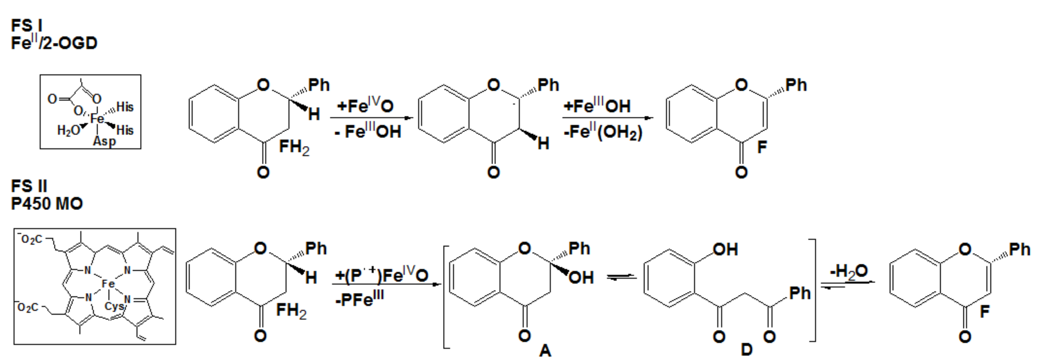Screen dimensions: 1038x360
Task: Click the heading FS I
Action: [x=27, y=26]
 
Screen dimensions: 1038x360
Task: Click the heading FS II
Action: [x=29, y=186]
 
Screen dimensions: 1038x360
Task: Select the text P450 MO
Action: [x=47, y=204]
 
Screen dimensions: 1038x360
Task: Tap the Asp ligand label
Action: [x=104, y=141]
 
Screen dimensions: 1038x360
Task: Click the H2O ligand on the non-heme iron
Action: [x=69, y=130]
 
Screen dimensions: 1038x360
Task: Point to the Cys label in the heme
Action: [x=114, y=306]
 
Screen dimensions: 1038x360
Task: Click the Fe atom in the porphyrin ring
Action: [x=108, y=284]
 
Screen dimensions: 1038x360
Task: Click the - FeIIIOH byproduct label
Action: [x=367, y=131]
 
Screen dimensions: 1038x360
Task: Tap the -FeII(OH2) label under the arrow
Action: [x=603, y=132]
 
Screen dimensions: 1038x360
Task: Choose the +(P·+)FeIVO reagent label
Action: [x=381, y=275]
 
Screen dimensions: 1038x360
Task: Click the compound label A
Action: [x=545, y=351]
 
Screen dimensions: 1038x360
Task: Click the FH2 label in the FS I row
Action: [x=294, y=148]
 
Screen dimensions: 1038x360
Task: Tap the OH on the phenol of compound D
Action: [x=725, y=249]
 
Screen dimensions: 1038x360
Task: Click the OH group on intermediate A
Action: [x=581, y=277]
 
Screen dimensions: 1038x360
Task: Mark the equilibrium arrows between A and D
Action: [x=621, y=277]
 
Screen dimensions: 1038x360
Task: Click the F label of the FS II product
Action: [x=984, y=311]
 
